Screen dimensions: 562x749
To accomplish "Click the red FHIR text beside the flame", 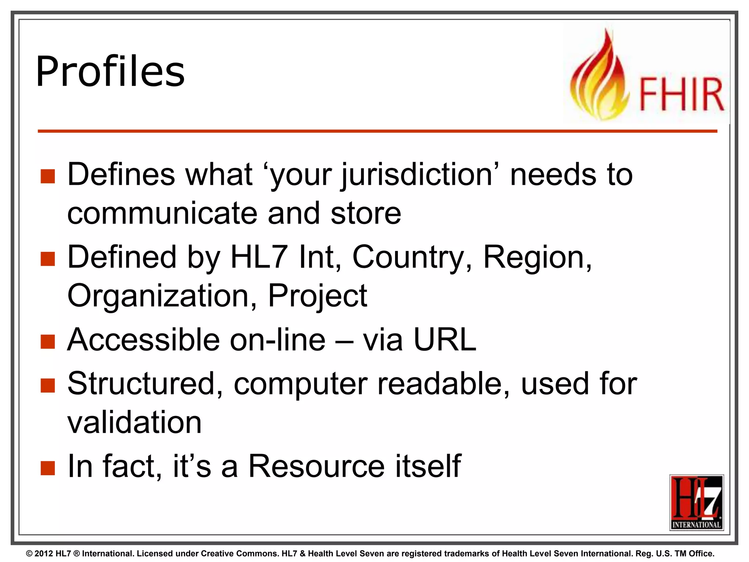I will click(681, 94).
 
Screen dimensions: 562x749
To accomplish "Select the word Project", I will click(317, 296).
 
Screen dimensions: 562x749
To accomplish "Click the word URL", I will click(445, 340).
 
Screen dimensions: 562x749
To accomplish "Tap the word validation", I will click(134, 422).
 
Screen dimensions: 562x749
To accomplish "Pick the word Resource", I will click(316, 466).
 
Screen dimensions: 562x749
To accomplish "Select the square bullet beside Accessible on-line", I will click(48, 341).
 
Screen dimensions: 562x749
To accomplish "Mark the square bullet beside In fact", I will click(48, 468).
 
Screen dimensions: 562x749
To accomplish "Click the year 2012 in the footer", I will click(44, 554).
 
